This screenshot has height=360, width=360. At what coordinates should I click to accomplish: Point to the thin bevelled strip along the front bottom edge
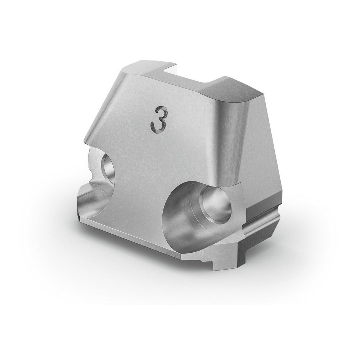[129, 230]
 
